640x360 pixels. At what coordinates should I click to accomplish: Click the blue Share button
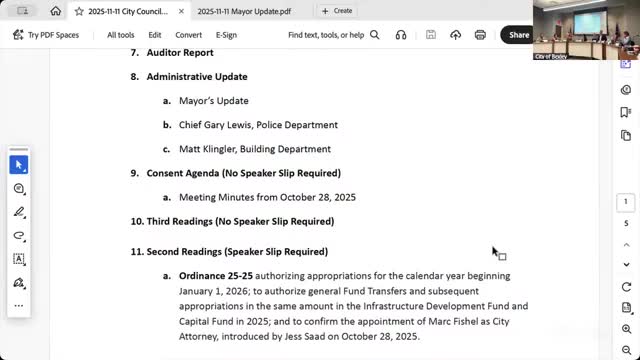(518, 34)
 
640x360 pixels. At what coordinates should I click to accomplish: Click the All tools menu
(121, 34)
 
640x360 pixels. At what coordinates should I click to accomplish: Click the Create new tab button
(336, 10)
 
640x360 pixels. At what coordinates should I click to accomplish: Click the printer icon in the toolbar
(480, 34)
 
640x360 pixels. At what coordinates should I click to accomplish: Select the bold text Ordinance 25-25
(215, 275)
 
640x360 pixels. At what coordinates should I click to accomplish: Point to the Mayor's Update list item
(213, 101)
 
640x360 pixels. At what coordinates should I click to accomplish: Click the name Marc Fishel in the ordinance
(411, 321)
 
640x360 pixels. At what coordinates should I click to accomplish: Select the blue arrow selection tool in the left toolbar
(18, 164)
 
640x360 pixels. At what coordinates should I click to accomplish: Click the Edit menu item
(155, 34)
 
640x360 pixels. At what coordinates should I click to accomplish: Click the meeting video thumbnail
(586, 30)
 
